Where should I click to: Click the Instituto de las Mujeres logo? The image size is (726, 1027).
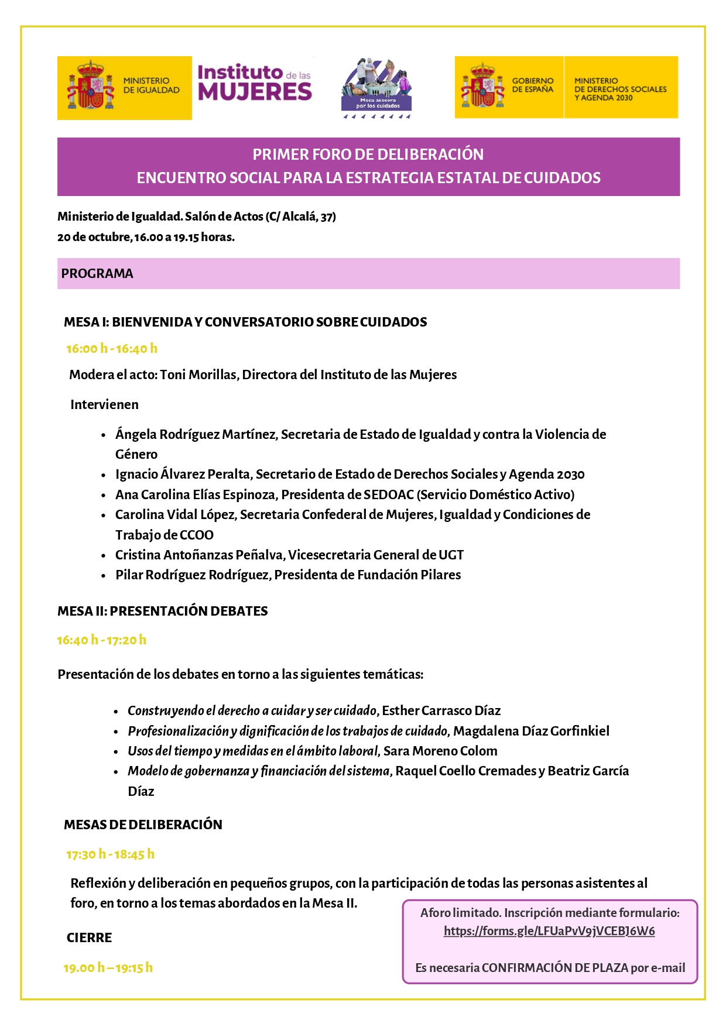255,83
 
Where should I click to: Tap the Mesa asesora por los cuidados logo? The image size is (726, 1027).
377,88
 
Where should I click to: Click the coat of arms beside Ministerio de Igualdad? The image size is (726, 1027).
90,87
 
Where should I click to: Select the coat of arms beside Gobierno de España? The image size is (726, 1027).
482,86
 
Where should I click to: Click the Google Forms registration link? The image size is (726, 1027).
549,931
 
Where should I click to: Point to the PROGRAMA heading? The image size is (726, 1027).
97,274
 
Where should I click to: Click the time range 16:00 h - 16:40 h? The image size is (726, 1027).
112,349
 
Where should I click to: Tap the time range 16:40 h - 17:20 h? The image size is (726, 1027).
101,640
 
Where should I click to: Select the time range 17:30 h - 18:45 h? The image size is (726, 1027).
110,854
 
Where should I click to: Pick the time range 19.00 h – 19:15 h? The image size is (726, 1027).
108,968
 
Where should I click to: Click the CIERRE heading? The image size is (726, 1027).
89,938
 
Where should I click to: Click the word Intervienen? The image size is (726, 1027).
104,405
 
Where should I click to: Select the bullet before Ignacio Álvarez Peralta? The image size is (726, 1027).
104,475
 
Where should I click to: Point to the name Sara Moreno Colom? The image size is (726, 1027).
440,751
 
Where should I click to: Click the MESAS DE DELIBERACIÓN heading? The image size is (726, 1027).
143,825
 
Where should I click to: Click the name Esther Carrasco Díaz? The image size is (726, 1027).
441,711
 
